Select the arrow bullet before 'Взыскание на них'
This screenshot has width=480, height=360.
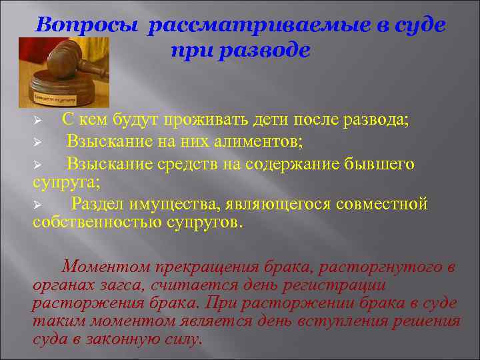[38, 143]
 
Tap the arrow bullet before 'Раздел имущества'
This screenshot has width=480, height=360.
[38, 204]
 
